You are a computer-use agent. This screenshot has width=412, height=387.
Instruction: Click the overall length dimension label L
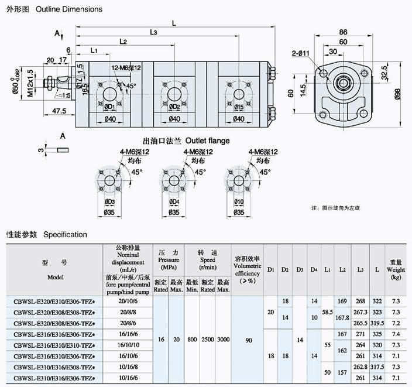pyautogui.click(x=175, y=23)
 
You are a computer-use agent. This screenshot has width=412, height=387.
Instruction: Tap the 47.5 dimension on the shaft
pyautogui.click(x=58, y=110)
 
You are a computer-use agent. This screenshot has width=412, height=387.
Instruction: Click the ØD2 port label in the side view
pyautogui.click(x=174, y=107)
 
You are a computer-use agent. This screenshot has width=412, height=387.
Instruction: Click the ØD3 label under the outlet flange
pyautogui.click(x=109, y=202)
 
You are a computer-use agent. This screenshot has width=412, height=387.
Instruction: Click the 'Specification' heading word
pyautogui.click(x=65, y=235)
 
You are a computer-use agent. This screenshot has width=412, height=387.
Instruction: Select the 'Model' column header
pyautogui.click(x=56, y=276)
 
